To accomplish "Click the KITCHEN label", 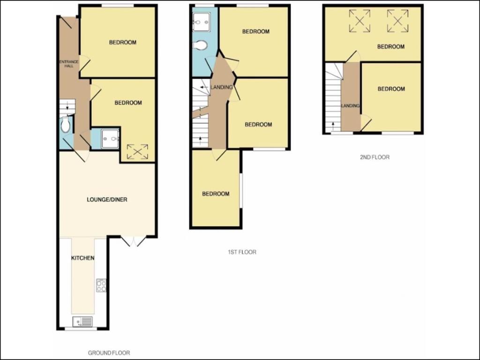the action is coord(82,258).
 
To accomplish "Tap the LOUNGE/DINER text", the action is coord(107,200).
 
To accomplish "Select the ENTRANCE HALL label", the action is coord(69,64).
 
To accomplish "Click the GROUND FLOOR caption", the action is coord(109,353).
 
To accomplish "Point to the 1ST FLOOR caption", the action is coord(242,252).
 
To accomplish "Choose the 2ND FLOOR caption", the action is coord(375,157).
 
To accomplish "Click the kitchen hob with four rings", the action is coord(101,285).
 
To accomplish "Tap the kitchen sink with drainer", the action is coord(82,322).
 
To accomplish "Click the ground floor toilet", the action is coord(65,125).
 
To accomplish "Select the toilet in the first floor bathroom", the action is coord(200,45).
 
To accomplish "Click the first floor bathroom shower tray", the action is coord(202,22).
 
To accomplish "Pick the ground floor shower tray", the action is coord(110,139).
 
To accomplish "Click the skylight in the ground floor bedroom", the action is coord(137,152).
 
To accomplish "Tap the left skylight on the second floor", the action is coord(360,21).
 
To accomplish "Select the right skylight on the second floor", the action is coord(397,21).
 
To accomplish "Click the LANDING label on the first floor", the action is coord(222,87).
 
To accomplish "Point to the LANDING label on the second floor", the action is coord(351,106).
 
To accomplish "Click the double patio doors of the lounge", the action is coord(134,241).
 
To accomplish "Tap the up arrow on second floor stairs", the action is coord(333,125).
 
